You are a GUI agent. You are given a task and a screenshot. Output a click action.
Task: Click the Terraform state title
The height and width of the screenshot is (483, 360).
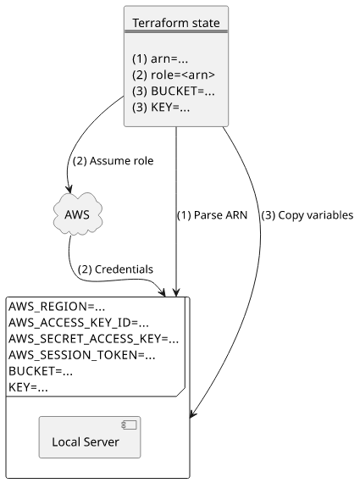tap(176, 23)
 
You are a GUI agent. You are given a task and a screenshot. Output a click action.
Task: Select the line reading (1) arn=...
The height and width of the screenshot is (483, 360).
tap(160, 58)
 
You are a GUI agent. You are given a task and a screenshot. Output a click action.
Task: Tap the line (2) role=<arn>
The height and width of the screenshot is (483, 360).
tap(174, 75)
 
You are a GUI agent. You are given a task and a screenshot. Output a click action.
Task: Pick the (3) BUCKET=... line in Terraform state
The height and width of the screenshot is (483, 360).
tap(174, 92)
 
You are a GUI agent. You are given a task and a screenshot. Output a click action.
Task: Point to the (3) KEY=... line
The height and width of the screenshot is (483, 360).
tap(161, 108)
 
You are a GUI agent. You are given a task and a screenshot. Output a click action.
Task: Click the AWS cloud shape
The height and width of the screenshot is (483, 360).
tap(78, 214)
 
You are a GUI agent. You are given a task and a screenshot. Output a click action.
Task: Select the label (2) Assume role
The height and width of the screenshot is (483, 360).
tap(113, 161)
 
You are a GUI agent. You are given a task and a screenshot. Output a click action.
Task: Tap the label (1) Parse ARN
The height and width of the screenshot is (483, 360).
tap(212, 215)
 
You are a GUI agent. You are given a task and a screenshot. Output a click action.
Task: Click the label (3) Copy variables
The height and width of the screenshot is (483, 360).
tap(307, 215)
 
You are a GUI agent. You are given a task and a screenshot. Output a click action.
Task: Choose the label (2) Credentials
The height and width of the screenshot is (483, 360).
tap(115, 269)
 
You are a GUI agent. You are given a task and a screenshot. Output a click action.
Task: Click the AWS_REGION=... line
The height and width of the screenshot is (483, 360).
tap(57, 307)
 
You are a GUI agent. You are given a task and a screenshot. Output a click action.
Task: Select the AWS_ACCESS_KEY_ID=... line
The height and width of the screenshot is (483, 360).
tap(79, 323)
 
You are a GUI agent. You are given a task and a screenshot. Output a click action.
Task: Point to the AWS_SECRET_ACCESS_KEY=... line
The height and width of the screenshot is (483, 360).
tap(93, 339)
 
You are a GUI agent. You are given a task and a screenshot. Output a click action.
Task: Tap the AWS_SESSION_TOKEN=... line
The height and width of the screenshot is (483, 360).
tap(81, 355)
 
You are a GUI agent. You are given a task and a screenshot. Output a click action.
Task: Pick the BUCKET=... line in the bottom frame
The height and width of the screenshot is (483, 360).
tap(41, 371)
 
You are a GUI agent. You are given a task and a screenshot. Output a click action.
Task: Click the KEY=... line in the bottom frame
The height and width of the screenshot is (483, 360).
tap(28, 387)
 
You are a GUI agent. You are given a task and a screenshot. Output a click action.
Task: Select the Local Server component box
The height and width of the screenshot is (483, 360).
tap(90, 437)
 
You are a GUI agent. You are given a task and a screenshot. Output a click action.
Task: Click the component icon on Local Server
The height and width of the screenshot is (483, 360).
tap(129, 425)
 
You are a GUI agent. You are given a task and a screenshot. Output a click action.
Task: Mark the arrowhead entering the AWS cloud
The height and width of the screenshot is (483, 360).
tap(70, 189)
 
